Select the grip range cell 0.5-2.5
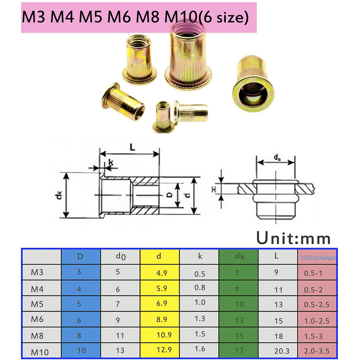point(316,305)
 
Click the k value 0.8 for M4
point(199,288)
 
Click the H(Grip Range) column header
point(318,257)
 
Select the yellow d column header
point(159,257)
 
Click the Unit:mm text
point(293,238)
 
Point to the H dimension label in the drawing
point(213,188)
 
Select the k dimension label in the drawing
point(111,162)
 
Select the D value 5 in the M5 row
point(79,303)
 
